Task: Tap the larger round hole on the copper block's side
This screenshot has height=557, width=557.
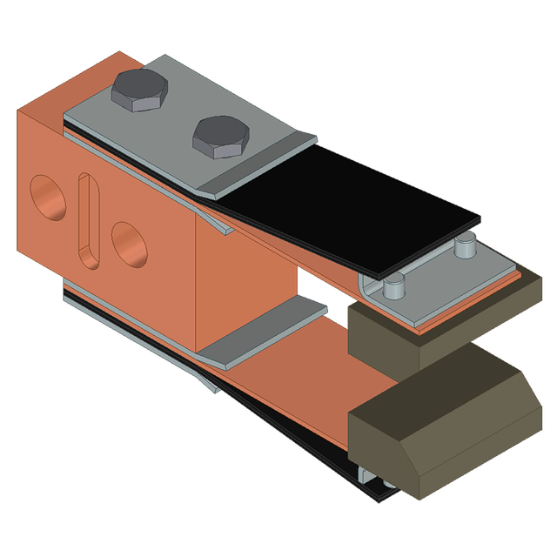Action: pos(48,197)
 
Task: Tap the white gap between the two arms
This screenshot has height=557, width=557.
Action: pos(309,281)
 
